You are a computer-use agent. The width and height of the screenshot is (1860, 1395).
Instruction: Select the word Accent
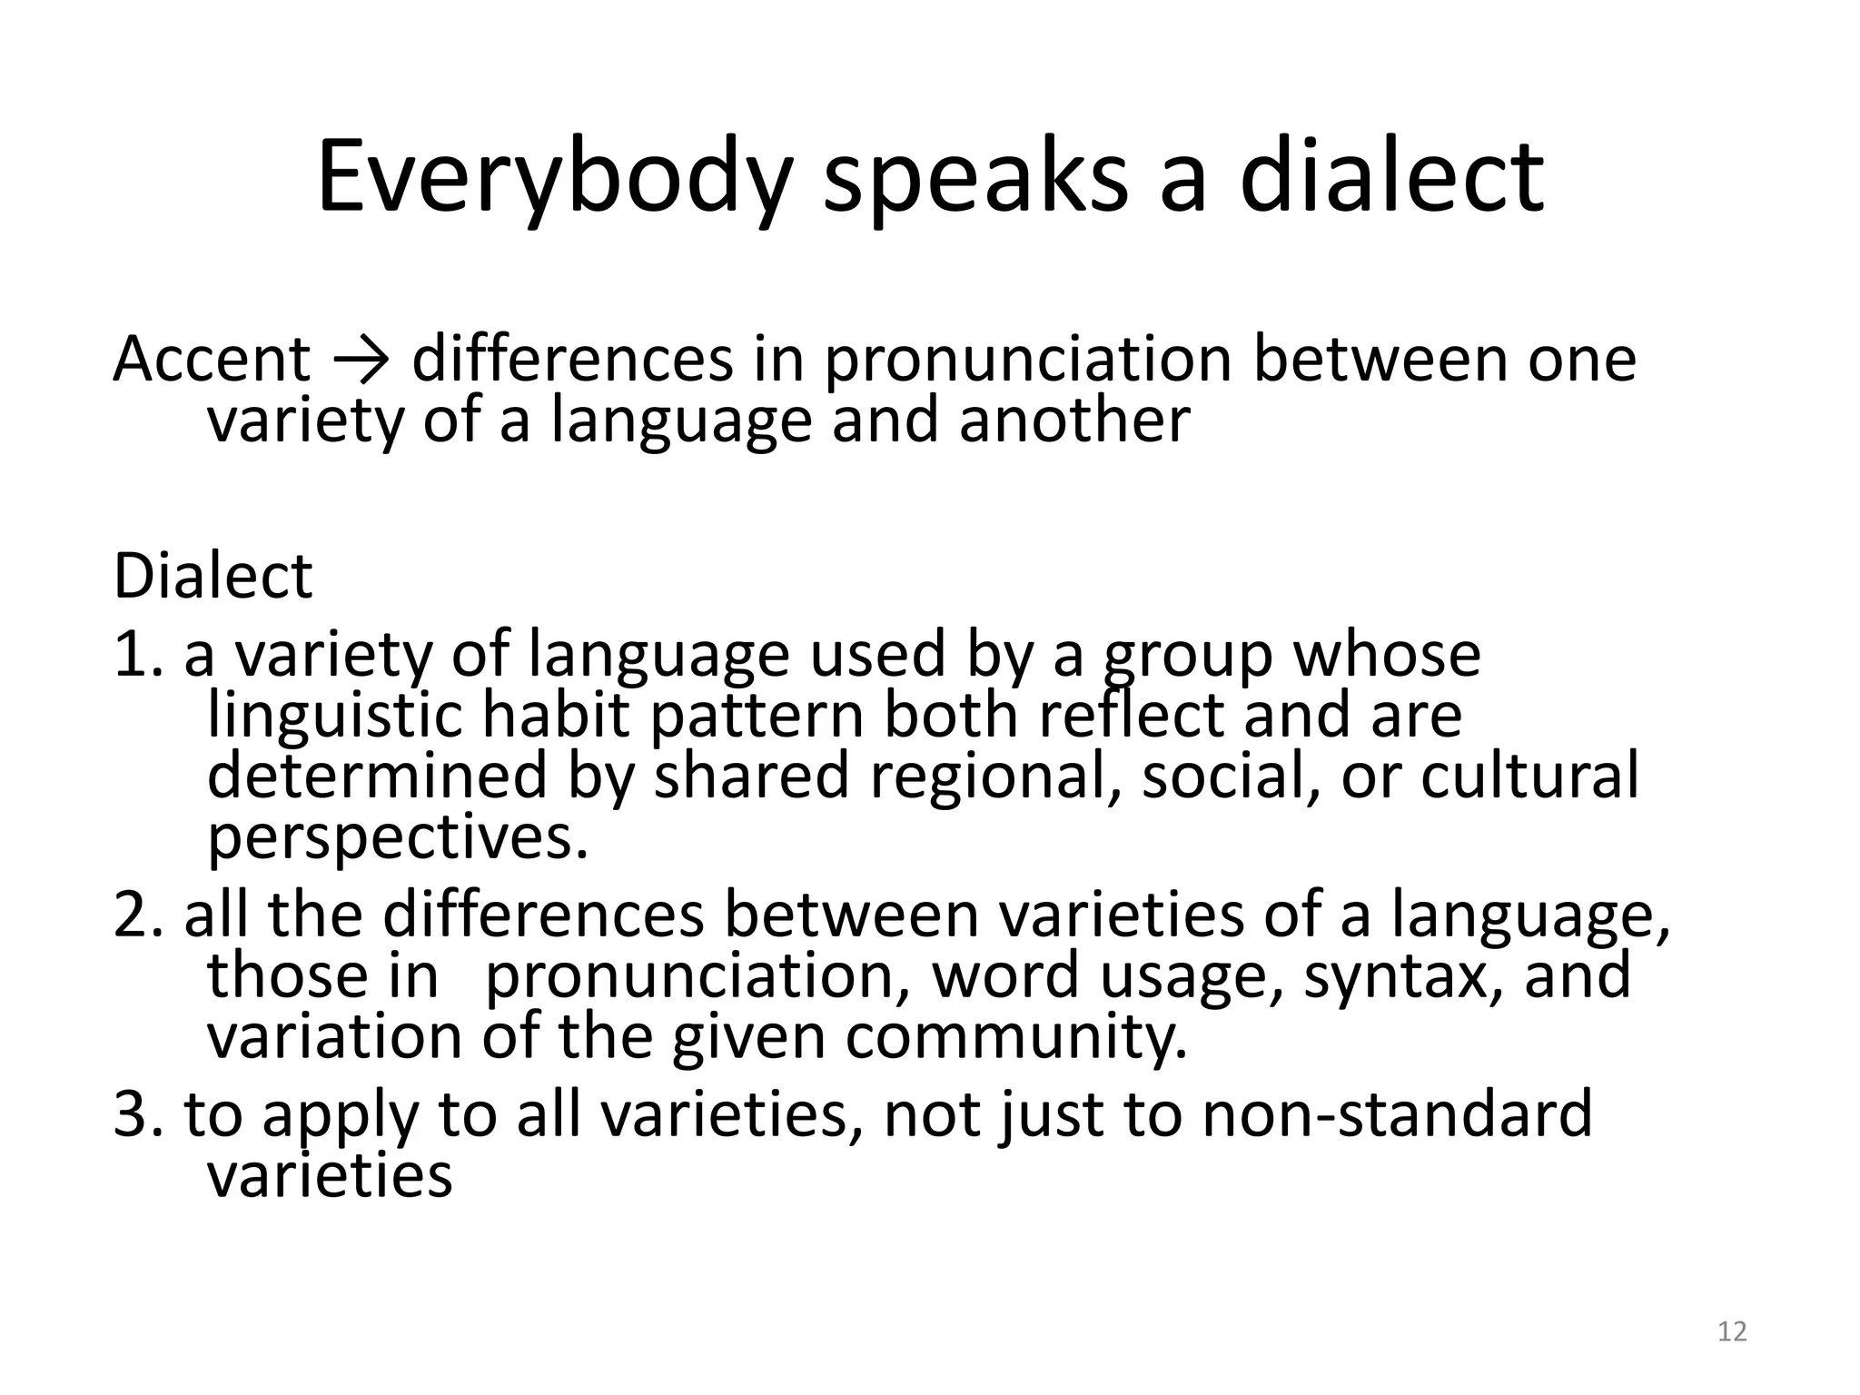(x=212, y=359)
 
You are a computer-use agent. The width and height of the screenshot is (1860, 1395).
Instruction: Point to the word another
(x=1074, y=420)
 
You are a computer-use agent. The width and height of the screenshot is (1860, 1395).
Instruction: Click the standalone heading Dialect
(x=213, y=576)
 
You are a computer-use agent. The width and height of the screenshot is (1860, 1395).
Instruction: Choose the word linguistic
(x=335, y=716)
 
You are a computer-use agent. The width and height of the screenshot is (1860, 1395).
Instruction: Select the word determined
(x=377, y=776)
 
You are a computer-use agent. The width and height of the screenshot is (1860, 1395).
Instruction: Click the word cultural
(x=1530, y=776)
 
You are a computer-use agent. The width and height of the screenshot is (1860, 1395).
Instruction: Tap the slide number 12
(x=1733, y=1331)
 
